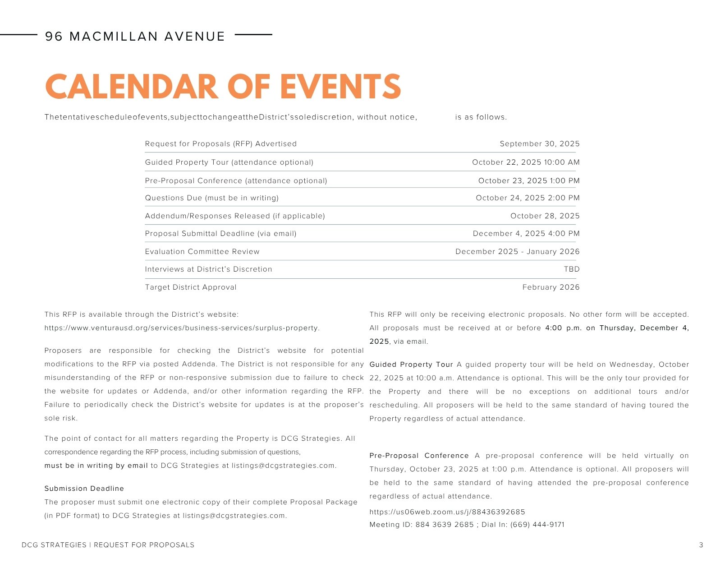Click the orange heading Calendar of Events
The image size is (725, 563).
click(x=223, y=87)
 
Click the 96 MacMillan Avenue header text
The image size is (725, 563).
click(x=135, y=37)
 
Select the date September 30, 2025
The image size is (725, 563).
click(x=539, y=144)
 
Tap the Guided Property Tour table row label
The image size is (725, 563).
click(x=229, y=162)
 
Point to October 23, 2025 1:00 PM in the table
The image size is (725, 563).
click(x=529, y=181)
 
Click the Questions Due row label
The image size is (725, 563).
click(x=211, y=198)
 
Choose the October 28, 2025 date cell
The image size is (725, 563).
click(x=545, y=216)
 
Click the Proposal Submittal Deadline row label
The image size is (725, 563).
click(x=220, y=234)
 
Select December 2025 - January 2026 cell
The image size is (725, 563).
click(x=517, y=252)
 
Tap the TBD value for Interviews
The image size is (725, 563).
click(x=571, y=269)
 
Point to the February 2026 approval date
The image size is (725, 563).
click(x=551, y=287)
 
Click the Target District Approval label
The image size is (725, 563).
click(x=191, y=287)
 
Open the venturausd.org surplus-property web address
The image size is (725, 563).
click(x=182, y=328)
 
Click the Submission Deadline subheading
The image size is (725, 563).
click(x=84, y=489)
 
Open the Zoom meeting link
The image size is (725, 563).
click(x=447, y=512)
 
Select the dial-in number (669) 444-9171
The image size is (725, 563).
click(x=537, y=525)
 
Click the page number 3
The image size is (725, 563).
click(x=701, y=545)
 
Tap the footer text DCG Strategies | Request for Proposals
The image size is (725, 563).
click(x=108, y=545)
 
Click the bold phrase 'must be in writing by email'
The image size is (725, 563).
click(x=96, y=466)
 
